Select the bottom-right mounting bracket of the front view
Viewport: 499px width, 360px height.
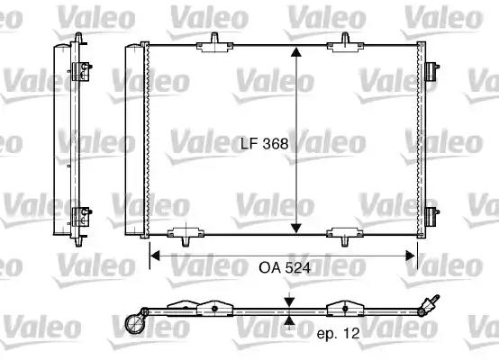tap(345, 236)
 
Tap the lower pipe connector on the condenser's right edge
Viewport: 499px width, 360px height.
tap(432, 216)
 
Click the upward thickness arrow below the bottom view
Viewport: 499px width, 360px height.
tap(288, 319)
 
